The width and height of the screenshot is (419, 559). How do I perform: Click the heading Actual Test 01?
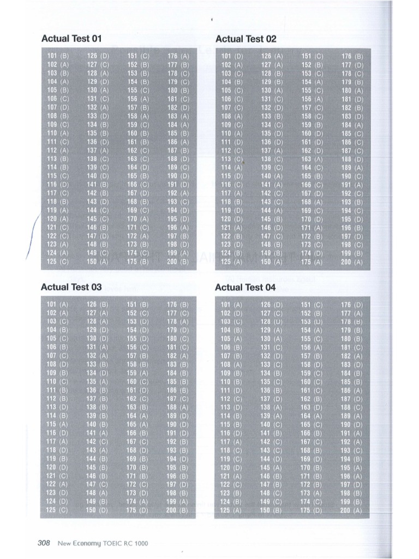71,39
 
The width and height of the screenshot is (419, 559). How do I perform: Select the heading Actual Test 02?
246,39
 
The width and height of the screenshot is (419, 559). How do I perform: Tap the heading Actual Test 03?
71,287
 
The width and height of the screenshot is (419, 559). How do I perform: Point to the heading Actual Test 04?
246,287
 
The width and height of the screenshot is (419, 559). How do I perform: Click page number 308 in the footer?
44,543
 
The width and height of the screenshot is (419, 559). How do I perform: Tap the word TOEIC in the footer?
114,543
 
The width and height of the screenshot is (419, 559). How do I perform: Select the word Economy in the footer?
86,543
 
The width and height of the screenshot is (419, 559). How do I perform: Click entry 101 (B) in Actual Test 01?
57,56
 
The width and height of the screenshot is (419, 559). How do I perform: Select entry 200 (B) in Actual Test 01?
178,262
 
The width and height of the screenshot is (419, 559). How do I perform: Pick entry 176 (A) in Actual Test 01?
178,56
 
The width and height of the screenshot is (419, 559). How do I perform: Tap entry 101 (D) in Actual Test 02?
232,56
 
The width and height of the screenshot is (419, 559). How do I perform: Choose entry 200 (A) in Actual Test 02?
352,262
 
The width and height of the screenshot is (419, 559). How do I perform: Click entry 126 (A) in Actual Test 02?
272,56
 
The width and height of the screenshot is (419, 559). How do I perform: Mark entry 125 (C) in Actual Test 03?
57,510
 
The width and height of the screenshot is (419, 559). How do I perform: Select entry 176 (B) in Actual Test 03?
178,304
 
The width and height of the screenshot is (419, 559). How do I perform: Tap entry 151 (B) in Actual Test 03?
137,304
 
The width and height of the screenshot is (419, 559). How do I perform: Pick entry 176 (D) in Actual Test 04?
352,304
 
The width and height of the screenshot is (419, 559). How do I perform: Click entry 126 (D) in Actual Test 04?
272,304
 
